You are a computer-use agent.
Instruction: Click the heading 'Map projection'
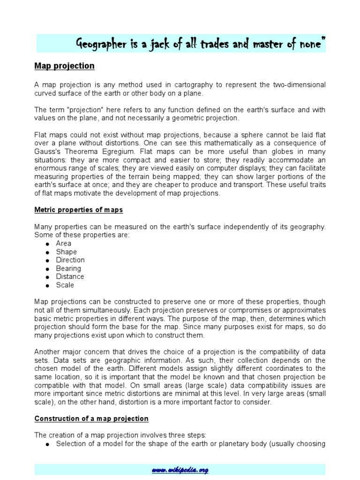(64, 66)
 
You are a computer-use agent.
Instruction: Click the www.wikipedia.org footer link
(180, 470)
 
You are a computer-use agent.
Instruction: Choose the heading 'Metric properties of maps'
(79, 210)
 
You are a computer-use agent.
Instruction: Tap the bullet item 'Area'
(63, 243)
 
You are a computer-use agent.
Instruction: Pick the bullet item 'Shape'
(66, 252)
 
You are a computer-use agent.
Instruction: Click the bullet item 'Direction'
(70, 260)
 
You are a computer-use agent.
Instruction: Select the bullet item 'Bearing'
(68, 269)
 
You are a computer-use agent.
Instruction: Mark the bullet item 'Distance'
(69, 277)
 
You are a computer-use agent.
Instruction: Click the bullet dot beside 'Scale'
(47, 285)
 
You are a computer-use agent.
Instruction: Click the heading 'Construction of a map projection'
(91, 419)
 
